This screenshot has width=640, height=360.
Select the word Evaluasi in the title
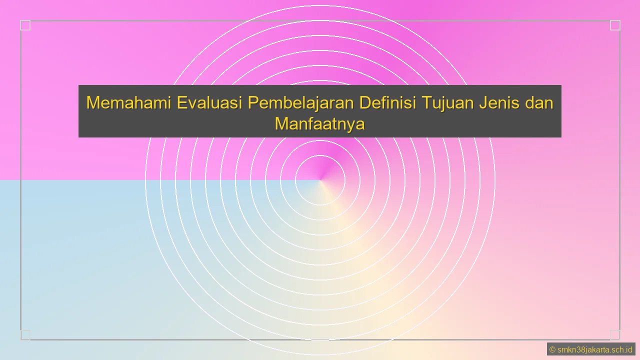pyautogui.click(x=209, y=103)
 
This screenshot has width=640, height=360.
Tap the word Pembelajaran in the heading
pyautogui.click(x=301, y=103)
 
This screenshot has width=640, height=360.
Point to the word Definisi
pyautogui.click(x=388, y=103)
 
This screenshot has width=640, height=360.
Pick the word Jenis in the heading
pyautogui.click(x=498, y=103)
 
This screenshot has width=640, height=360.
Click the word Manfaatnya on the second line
pyautogui.click(x=319, y=123)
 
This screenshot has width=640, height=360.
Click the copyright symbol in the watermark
pyautogui.click(x=552, y=349)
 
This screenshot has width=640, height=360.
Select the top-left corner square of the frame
pyautogui.click(x=25, y=25)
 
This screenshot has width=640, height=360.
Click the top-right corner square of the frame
pyautogui.click(x=615, y=25)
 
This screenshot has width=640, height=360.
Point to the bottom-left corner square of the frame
pyautogui.click(x=25, y=334)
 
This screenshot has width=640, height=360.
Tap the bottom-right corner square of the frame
pyautogui.click(x=615, y=334)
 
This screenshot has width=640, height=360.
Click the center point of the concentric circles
pyautogui.click(x=320, y=180)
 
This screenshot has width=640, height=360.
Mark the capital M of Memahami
pyautogui.click(x=92, y=103)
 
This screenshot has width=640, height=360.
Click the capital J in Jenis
pyautogui.click(x=482, y=103)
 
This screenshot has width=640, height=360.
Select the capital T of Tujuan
pyautogui.click(x=427, y=103)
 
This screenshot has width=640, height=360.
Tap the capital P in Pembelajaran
pyautogui.click(x=254, y=103)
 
